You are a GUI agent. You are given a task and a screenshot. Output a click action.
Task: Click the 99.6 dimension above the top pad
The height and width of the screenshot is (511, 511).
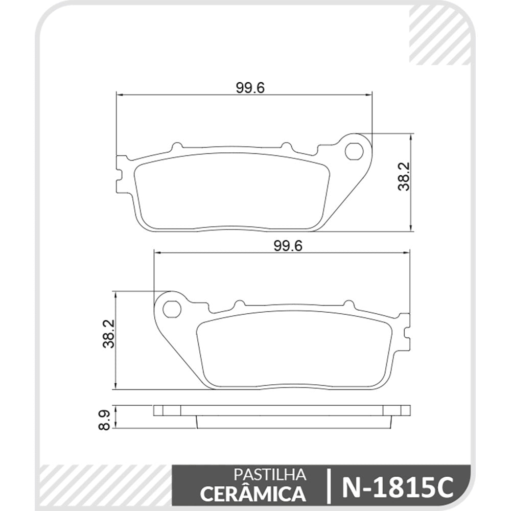(x=250, y=88)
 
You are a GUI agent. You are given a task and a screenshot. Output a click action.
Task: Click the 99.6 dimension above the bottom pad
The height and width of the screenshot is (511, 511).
(x=288, y=245)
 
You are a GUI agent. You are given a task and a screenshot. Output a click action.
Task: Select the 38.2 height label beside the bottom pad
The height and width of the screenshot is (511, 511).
(x=109, y=334)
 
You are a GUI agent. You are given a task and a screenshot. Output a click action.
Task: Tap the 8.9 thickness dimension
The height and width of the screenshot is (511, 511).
(x=105, y=420)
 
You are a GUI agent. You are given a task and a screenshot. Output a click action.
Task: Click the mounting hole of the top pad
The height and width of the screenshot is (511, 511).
(x=354, y=151)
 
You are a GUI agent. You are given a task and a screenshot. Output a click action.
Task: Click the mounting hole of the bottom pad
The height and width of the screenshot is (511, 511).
(x=172, y=309)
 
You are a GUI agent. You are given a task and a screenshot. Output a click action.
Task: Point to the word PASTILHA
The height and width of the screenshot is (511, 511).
(x=270, y=475)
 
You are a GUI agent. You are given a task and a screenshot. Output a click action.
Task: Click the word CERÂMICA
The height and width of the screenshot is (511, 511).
(x=253, y=493)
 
